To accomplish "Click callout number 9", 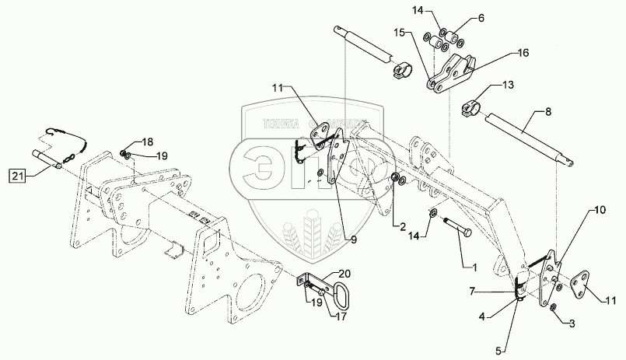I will pos(353,240).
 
